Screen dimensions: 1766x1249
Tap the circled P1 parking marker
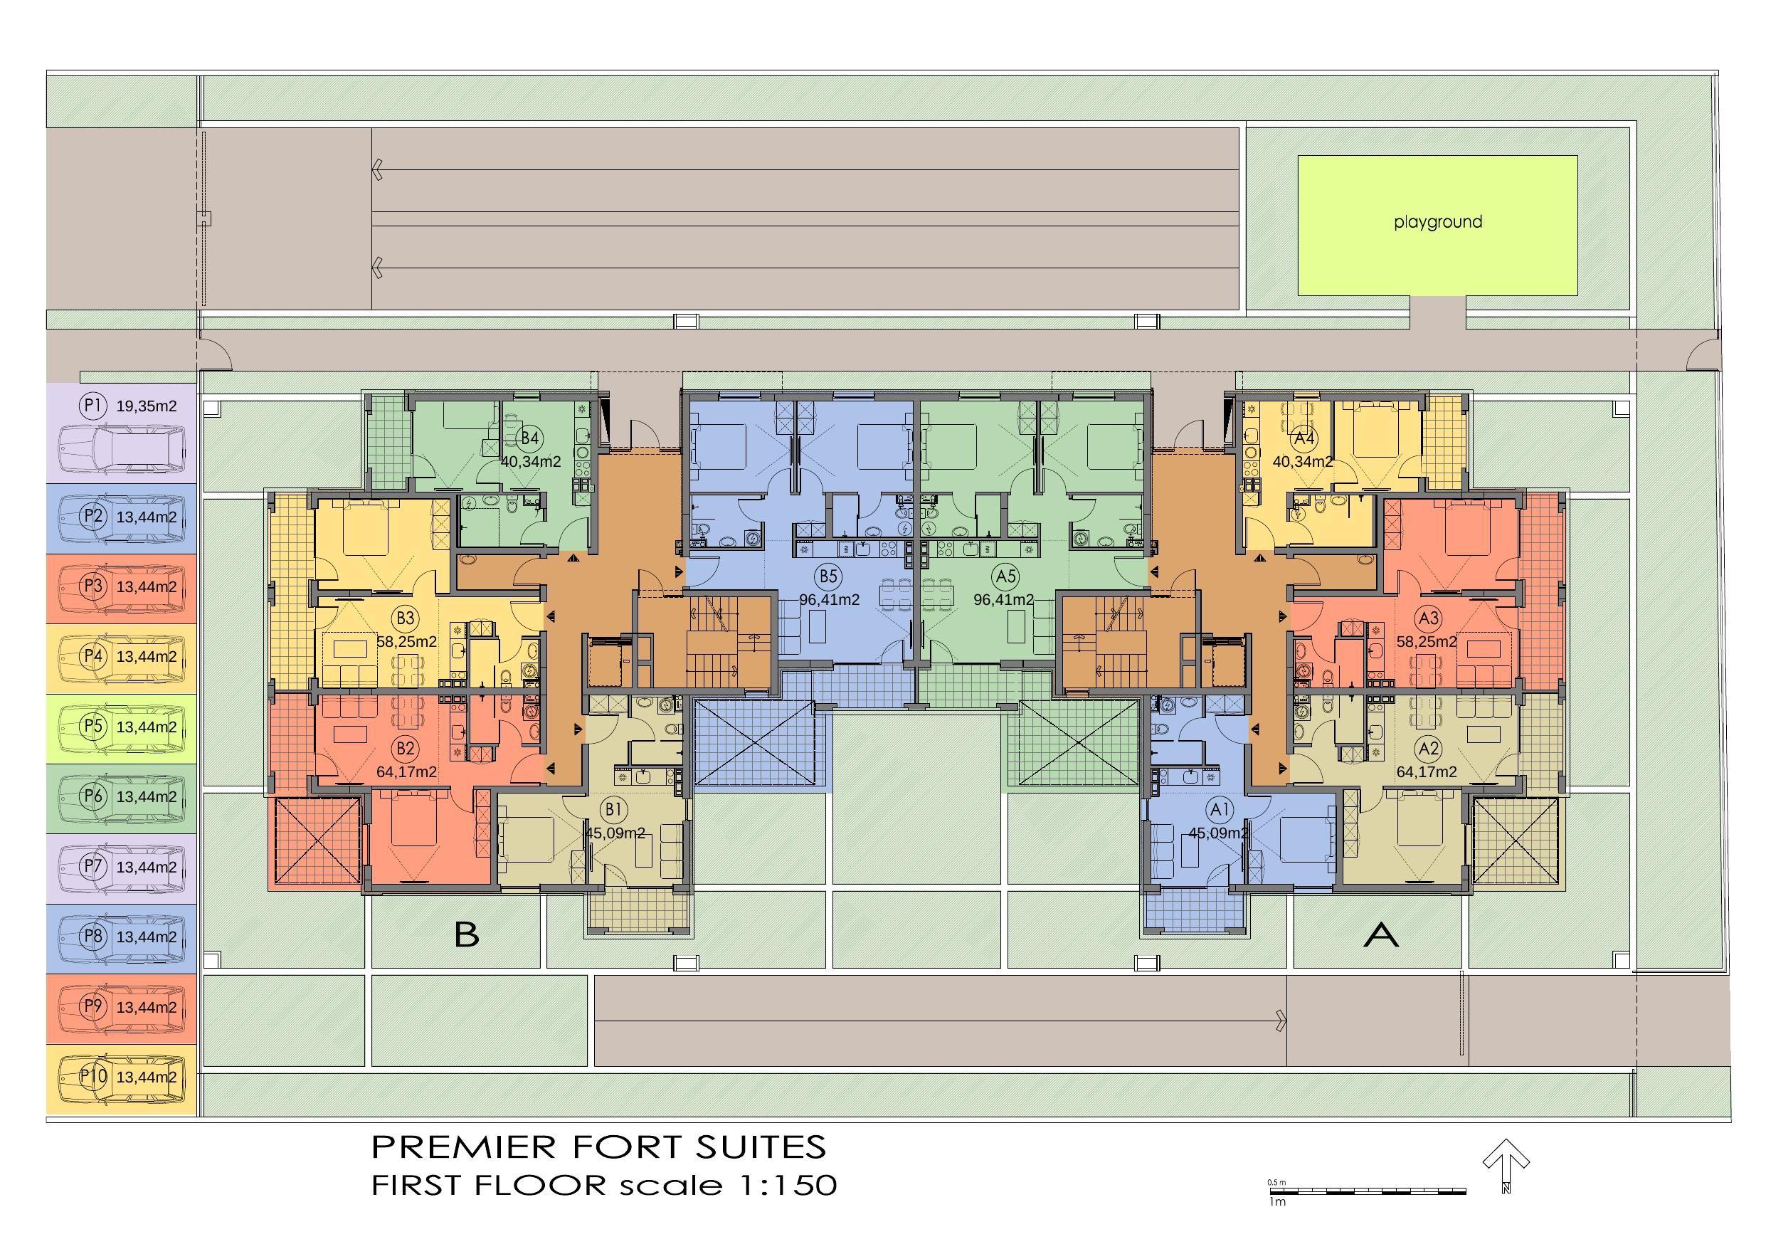pyautogui.click(x=93, y=406)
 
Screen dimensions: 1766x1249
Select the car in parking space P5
pyautogui.click(x=122, y=727)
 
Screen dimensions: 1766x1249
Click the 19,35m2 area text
pyautogui.click(x=146, y=406)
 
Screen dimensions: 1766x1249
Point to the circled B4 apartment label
pyautogui.click(x=530, y=438)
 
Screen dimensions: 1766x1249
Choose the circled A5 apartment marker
pyautogui.click(x=1005, y=576)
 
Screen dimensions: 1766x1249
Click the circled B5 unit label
pyautogui.click(x=828, y=576)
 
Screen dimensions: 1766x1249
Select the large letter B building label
pyautogui.click(x=467, y=934)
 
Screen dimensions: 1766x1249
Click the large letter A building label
pyautogui.click(x=1381, y=934)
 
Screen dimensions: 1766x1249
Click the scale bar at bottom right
pyautogui.click(x=1367, y=1191)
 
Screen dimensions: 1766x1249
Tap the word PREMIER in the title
pyautogui.click(x=464, y=1147)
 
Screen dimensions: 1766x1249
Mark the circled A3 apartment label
pyautogui.click(x=1429, y=618)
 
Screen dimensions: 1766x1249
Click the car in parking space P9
pyautogui.click(x=122, y=1006)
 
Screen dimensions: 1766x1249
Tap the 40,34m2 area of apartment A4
pyautogui.click(x=1302, y=463)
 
